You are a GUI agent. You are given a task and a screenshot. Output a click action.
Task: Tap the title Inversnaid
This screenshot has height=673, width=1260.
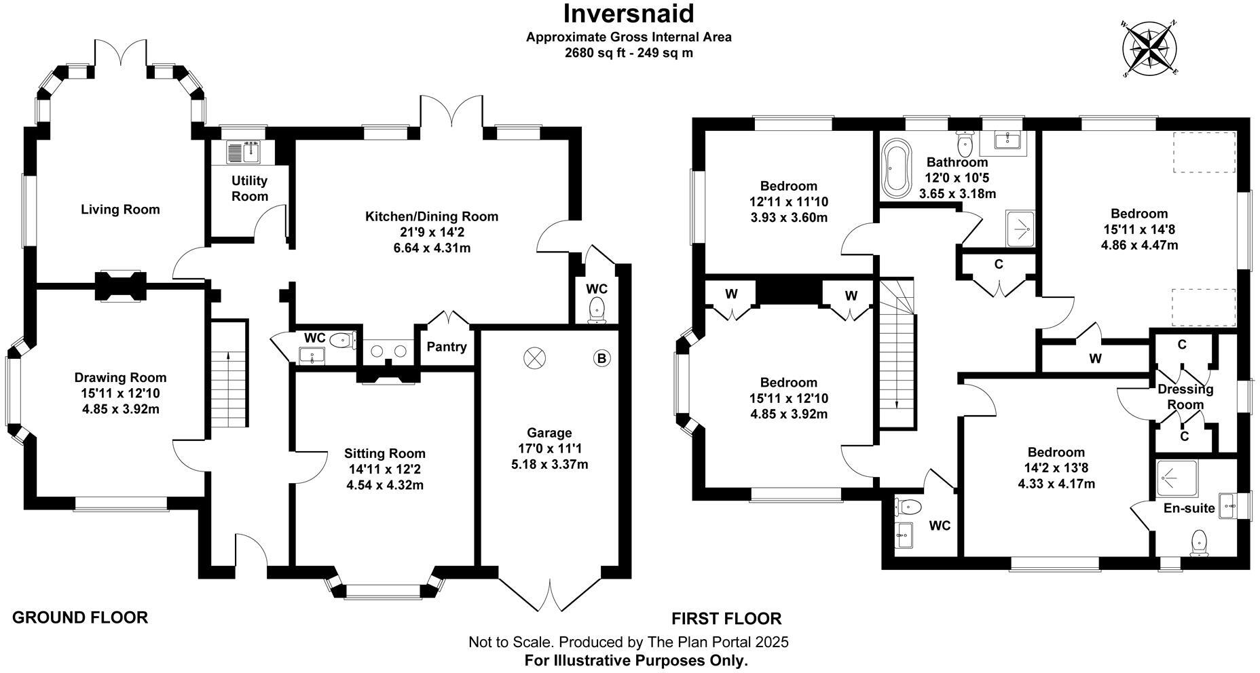pos(629,14)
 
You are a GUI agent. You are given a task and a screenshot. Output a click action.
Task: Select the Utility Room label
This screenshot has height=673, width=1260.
pos(250,189)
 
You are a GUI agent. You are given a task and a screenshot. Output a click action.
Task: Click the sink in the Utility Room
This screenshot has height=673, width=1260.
pos(243,153)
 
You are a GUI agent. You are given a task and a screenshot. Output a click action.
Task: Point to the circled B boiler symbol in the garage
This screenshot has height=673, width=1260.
pos(601,358)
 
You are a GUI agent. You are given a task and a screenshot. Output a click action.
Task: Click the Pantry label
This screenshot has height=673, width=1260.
pos(447,347)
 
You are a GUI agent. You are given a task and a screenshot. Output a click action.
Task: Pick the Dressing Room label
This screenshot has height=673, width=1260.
pos(1185,397)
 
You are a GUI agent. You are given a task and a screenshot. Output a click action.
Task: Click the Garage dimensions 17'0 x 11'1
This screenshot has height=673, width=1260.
pos(549,448)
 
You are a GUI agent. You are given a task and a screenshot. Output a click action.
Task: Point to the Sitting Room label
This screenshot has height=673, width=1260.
pos(385,453)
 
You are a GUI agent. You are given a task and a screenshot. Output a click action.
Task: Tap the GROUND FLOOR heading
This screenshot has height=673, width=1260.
pos(80,617)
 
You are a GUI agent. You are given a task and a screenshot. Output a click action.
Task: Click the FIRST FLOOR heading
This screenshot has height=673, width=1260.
pos(726,619)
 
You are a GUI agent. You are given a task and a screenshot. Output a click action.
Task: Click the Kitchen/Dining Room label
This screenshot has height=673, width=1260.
pos(432,216)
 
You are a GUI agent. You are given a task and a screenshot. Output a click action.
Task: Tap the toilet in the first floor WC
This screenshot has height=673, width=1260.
pos(908,506)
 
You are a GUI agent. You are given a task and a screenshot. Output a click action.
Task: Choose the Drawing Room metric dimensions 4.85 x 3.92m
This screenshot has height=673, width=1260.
pos(120,409)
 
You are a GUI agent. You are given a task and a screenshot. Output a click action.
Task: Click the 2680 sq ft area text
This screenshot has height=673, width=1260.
pos(591,53)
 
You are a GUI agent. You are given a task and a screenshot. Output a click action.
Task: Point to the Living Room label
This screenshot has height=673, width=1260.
pos(120,210)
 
